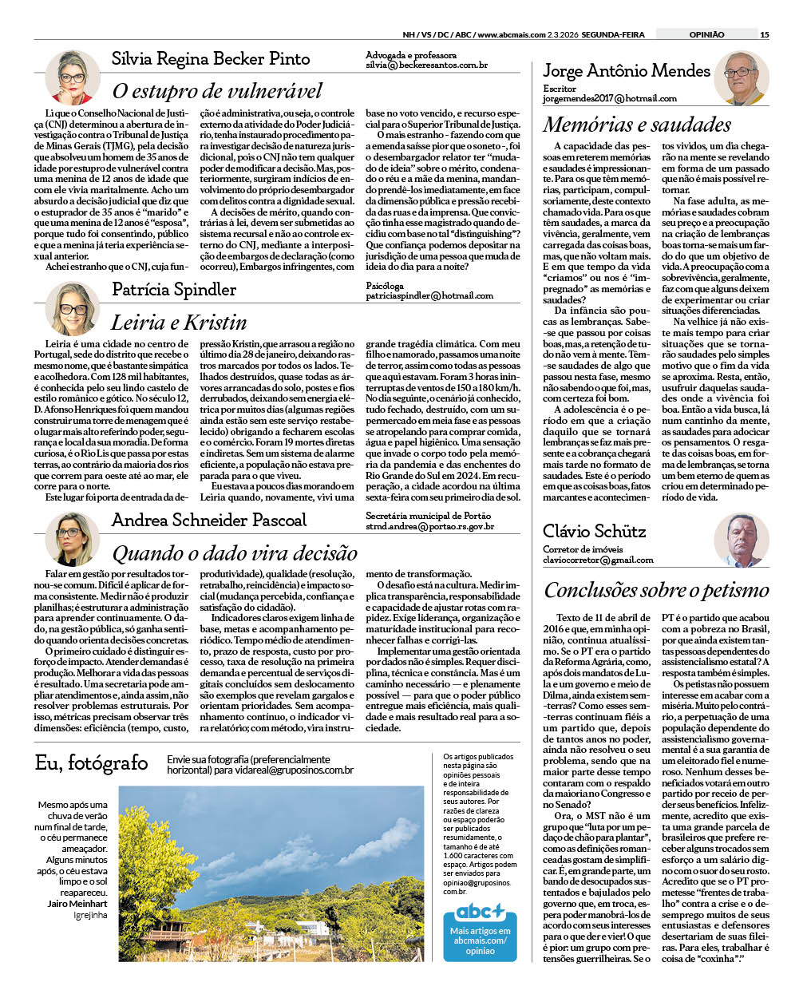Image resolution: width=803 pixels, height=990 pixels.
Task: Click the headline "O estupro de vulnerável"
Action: pyautogui.click(x=217, y=91)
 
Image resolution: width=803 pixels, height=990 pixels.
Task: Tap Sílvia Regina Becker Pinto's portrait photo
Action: pyautogui.click(x=73, y=77)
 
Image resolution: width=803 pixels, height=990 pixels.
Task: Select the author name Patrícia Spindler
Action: pyautogui.click(x=174, y=289)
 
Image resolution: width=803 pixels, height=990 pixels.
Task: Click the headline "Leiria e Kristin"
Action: pyautogui.click(x=179, y=323)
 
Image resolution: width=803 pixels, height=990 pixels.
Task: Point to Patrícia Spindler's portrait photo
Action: pyautogui.click(x=73, y=308)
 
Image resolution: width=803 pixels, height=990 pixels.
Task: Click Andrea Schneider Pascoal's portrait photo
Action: pyautogui.click(x=73, y=539)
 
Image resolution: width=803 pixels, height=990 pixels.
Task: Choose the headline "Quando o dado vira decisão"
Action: pyautogui.click(x=235, y=553)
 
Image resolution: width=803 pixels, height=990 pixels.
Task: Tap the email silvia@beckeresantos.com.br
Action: pyautogui.click(x=426, y=65)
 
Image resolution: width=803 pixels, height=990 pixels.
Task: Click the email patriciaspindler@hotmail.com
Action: pyautogui.click(x=429, y=295)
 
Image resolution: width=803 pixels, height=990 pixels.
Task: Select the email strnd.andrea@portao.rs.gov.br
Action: pyautogui.click(x=429, y=526)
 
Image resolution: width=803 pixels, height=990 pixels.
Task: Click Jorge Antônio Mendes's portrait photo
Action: pyautogui.click(x=742, y=78)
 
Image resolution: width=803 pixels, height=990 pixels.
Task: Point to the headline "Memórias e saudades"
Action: pyautogui.click(x=637, y=125)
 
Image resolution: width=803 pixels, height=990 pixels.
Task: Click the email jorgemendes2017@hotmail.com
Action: pyautogui.click(x=609, y=98)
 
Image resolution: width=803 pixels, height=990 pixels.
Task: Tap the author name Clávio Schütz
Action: pyautogui.click(x=594, y=531)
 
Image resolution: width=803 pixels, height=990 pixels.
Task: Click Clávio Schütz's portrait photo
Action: pyautogui.click(x=742, y=541)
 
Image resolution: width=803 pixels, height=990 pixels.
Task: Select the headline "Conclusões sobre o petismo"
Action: pyautogui.click(x=656, y=590)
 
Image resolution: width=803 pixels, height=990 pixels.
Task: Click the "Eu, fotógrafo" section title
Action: pyautogui.click(x=91, y=763)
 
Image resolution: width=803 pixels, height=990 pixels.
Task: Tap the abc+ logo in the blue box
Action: pyautogui.click(x=480, y=911)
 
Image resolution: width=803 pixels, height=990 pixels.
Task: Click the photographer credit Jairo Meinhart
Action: pyautogui.click(x=77, y=904)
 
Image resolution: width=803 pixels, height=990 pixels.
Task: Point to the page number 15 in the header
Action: pyautogui.click(x=764, y=34)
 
